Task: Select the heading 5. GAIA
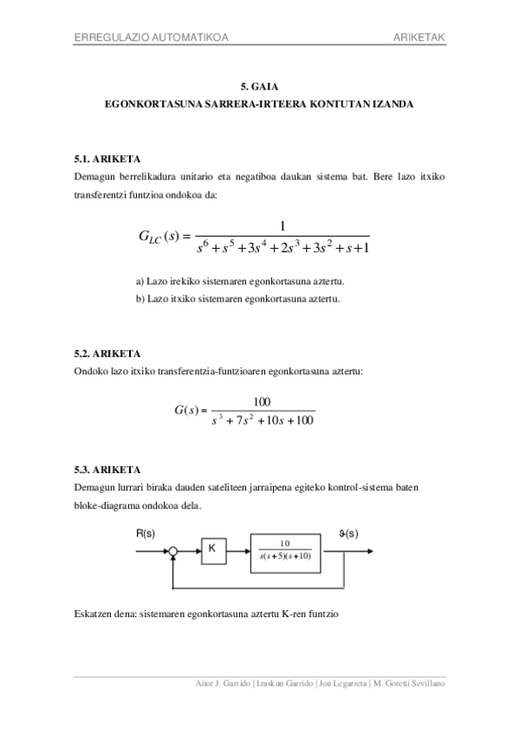pyautogui.click(x=258, y=87)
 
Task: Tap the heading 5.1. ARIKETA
pyautogui.click(x=107, y=160)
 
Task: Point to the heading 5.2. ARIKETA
pyautogui.click(x=107, y=354)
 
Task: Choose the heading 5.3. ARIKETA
pyautogui.click(x=107, y=470)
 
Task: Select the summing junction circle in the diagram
pyautogui.click(x=173, y=550)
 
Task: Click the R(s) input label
pyautogui.click(x=146, y=535)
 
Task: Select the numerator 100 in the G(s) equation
pyautogui.click(x=262, y=401)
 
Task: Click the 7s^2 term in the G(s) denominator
pyautogui.click(x=244, y=421)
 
